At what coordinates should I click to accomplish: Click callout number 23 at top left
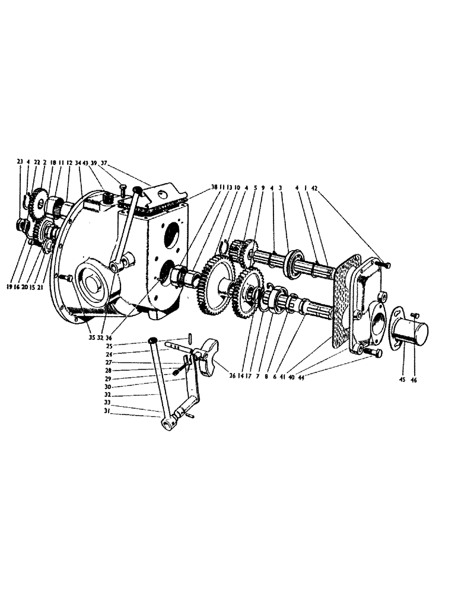[20, 161]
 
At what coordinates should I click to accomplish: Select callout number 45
[403, 380]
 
